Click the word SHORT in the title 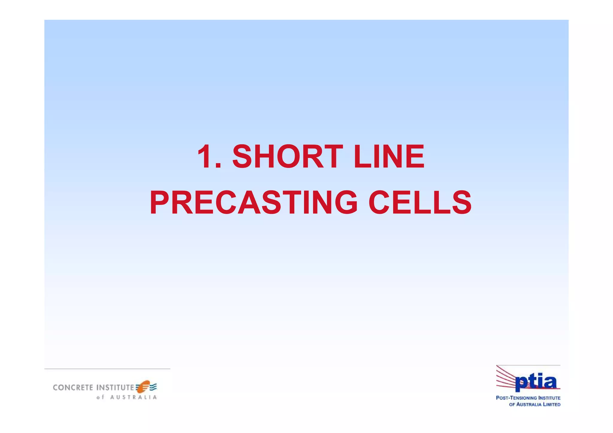[287, 157]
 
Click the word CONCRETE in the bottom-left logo [73, 388]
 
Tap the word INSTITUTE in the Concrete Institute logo [115, 388]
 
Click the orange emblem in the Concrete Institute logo [143, 387]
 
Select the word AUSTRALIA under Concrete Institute [133, 397]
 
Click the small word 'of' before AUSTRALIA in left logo [100, 397]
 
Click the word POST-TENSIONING [516, 398]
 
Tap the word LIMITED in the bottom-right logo [552, 405]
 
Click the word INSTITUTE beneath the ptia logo [549, 398]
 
